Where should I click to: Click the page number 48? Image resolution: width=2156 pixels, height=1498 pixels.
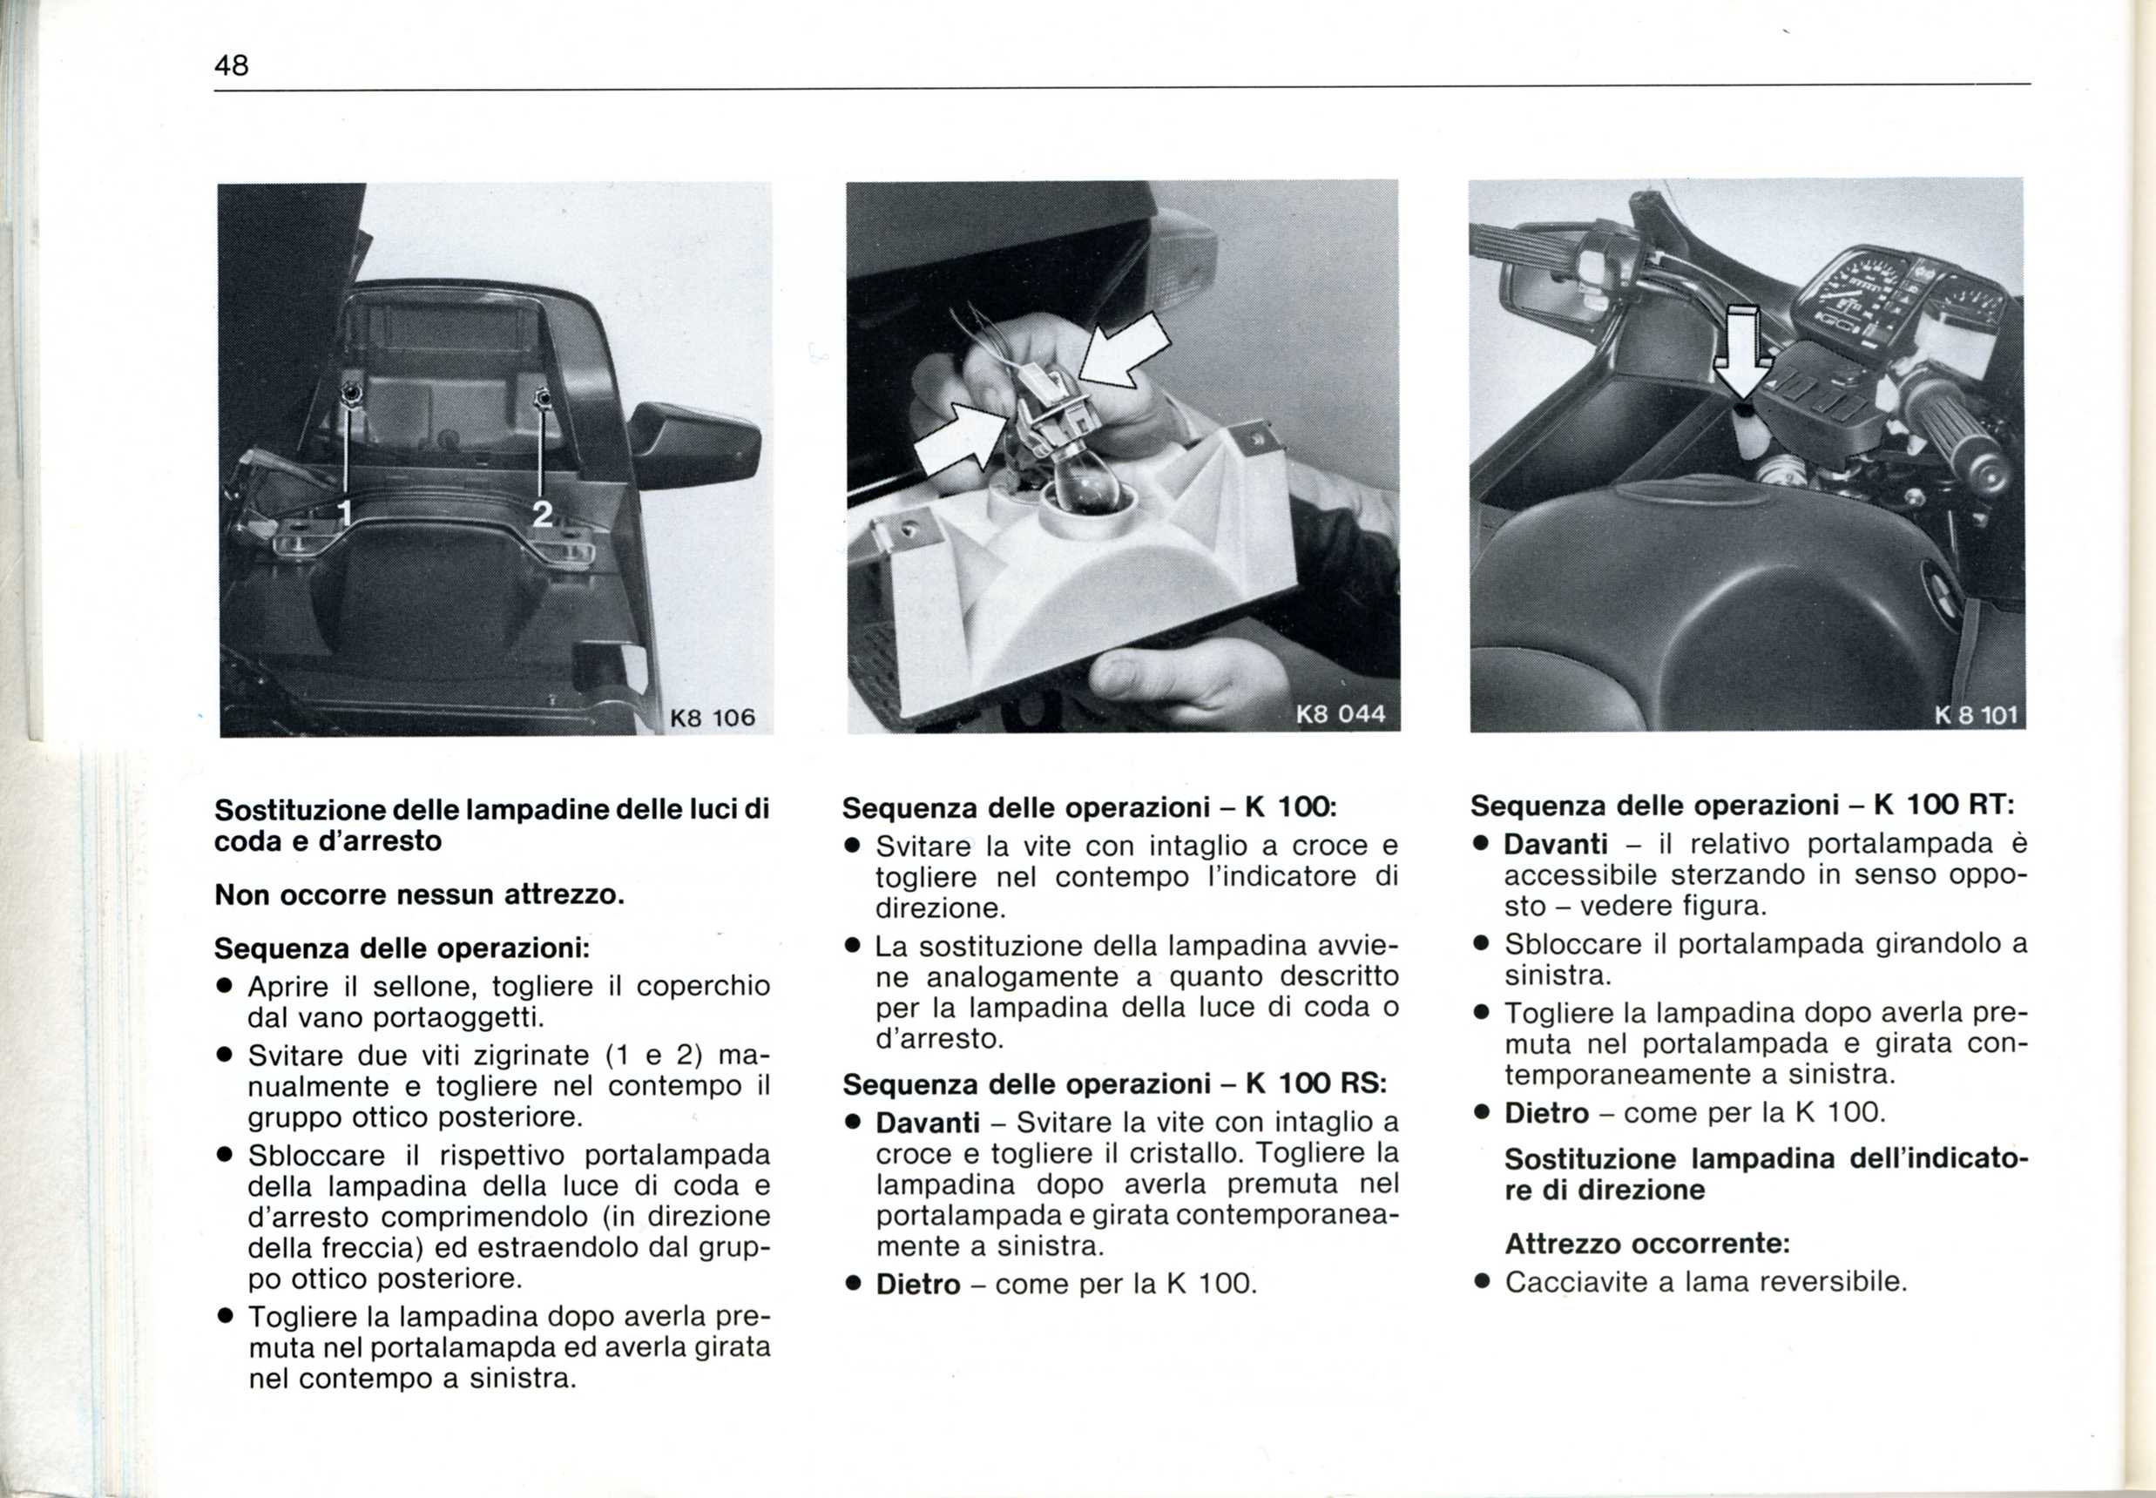[231, 65]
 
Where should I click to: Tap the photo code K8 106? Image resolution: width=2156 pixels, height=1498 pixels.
[712, 718]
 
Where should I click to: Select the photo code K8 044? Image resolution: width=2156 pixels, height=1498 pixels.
[1341, 714]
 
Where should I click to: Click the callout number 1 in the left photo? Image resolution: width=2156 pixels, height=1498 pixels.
[344, 513]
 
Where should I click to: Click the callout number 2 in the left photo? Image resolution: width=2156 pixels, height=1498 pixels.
[542, 513]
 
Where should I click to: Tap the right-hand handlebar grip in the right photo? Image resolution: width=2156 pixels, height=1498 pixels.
[1962, 432]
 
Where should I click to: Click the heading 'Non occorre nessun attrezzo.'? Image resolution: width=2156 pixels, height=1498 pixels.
[419, 895]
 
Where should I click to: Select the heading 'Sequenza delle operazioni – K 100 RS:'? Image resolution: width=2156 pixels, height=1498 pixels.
[1114, 1084]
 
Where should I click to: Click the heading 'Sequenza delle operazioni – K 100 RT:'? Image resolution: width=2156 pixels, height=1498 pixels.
[1742, 806]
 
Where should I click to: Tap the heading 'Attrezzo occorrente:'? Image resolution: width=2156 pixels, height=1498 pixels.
[1647, 1245]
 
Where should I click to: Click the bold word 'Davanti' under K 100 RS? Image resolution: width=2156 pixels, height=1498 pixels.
[928, 1123]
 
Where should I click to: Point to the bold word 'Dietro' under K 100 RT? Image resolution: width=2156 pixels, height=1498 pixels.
[1546, 1113]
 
